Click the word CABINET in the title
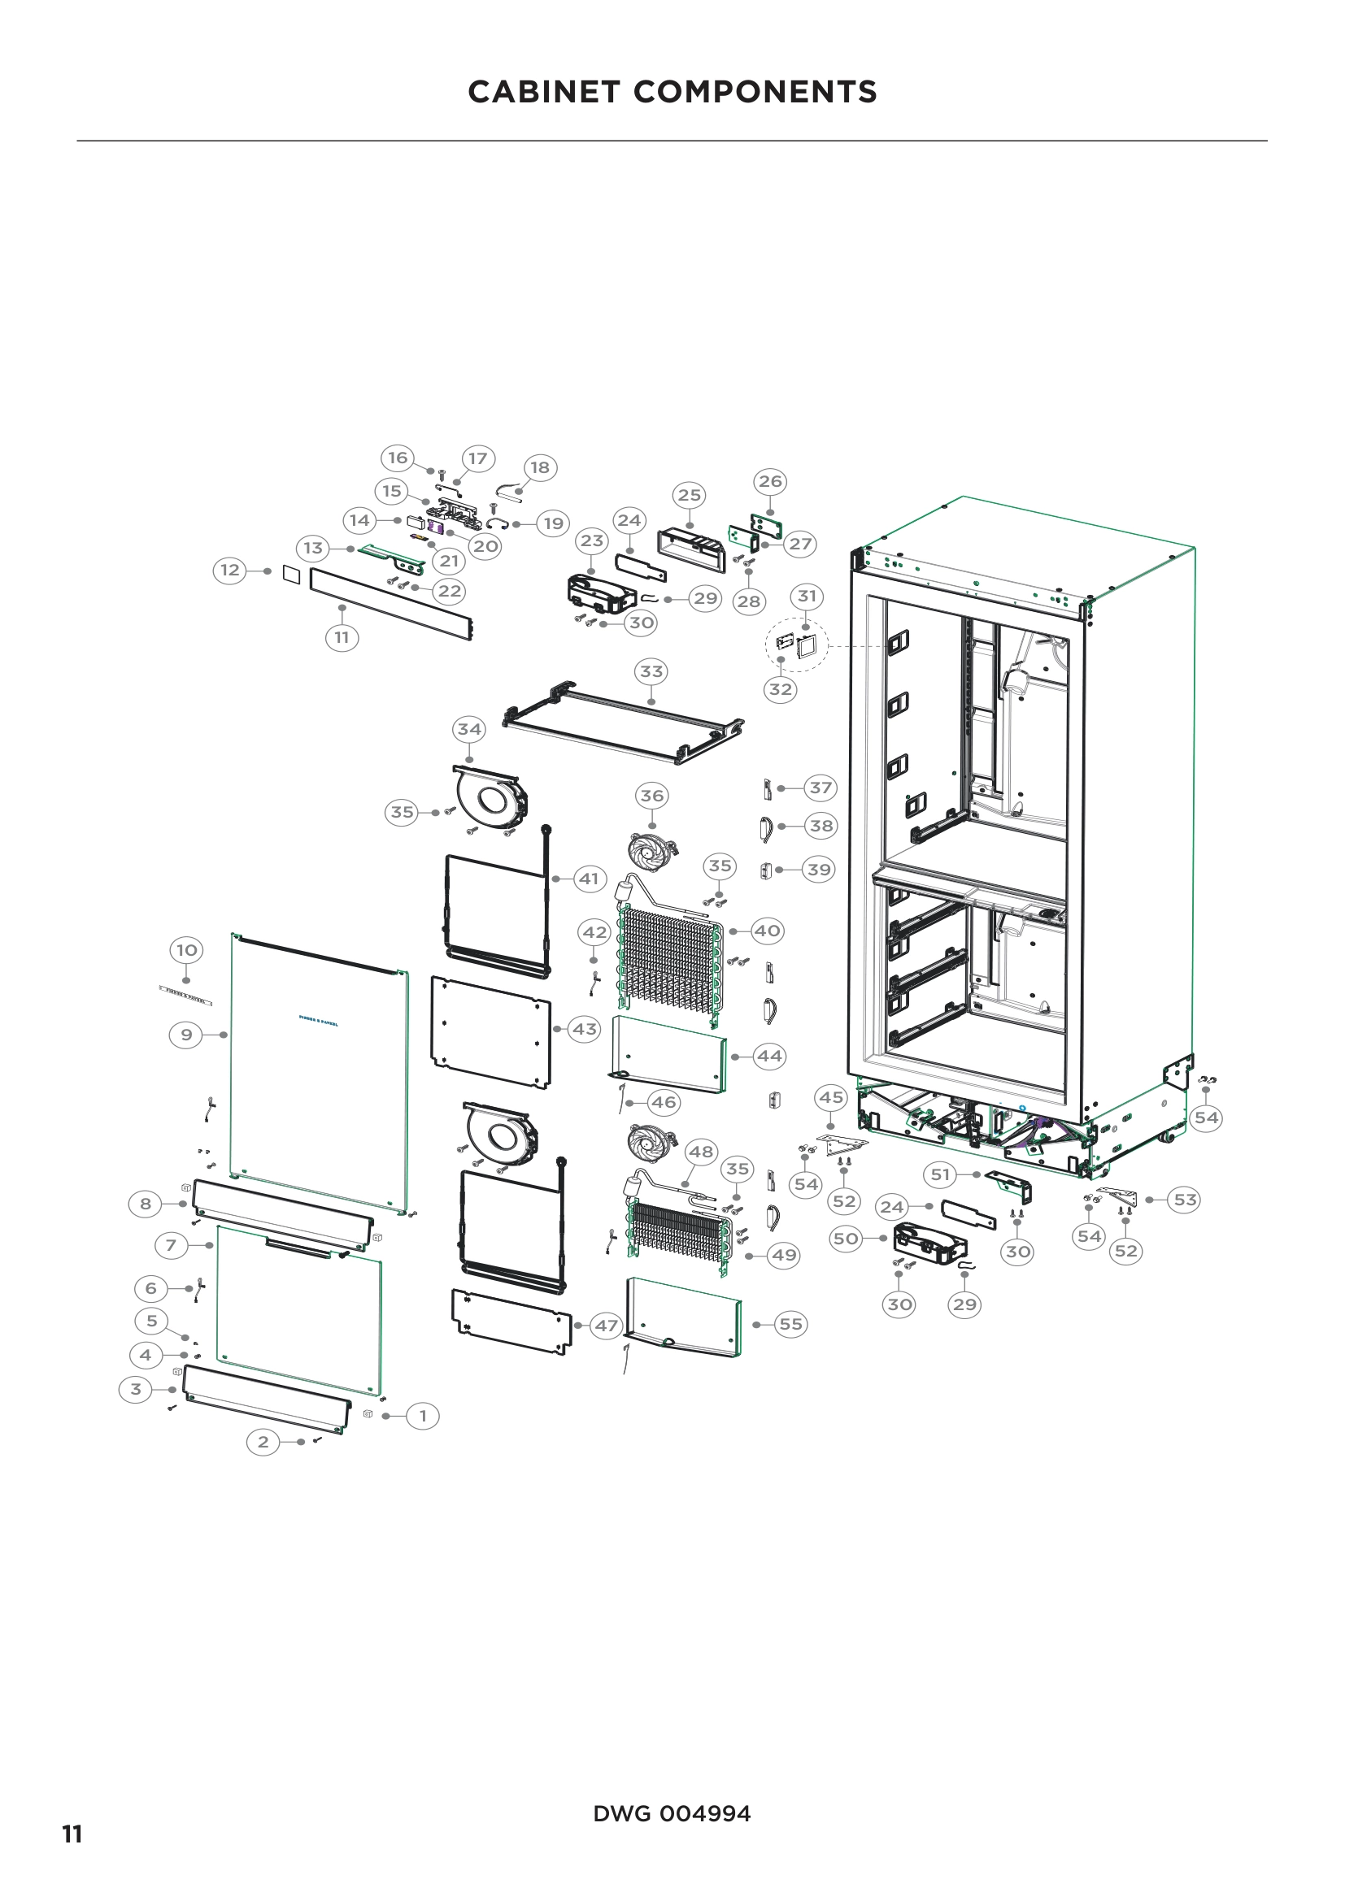(543, 92)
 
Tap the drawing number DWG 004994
(672, 1813)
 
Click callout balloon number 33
(652, 671)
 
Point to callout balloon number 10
(186, 949)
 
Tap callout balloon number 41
(589, 879)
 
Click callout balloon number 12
(229, 571)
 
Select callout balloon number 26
(770, 481)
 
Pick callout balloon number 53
(1185, 1200)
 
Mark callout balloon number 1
(423, 1416)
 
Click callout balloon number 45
(831, 1098)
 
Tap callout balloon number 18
(540, 468)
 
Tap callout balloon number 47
(607, 1326)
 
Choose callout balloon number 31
(807, 596)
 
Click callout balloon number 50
(846, 1239)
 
